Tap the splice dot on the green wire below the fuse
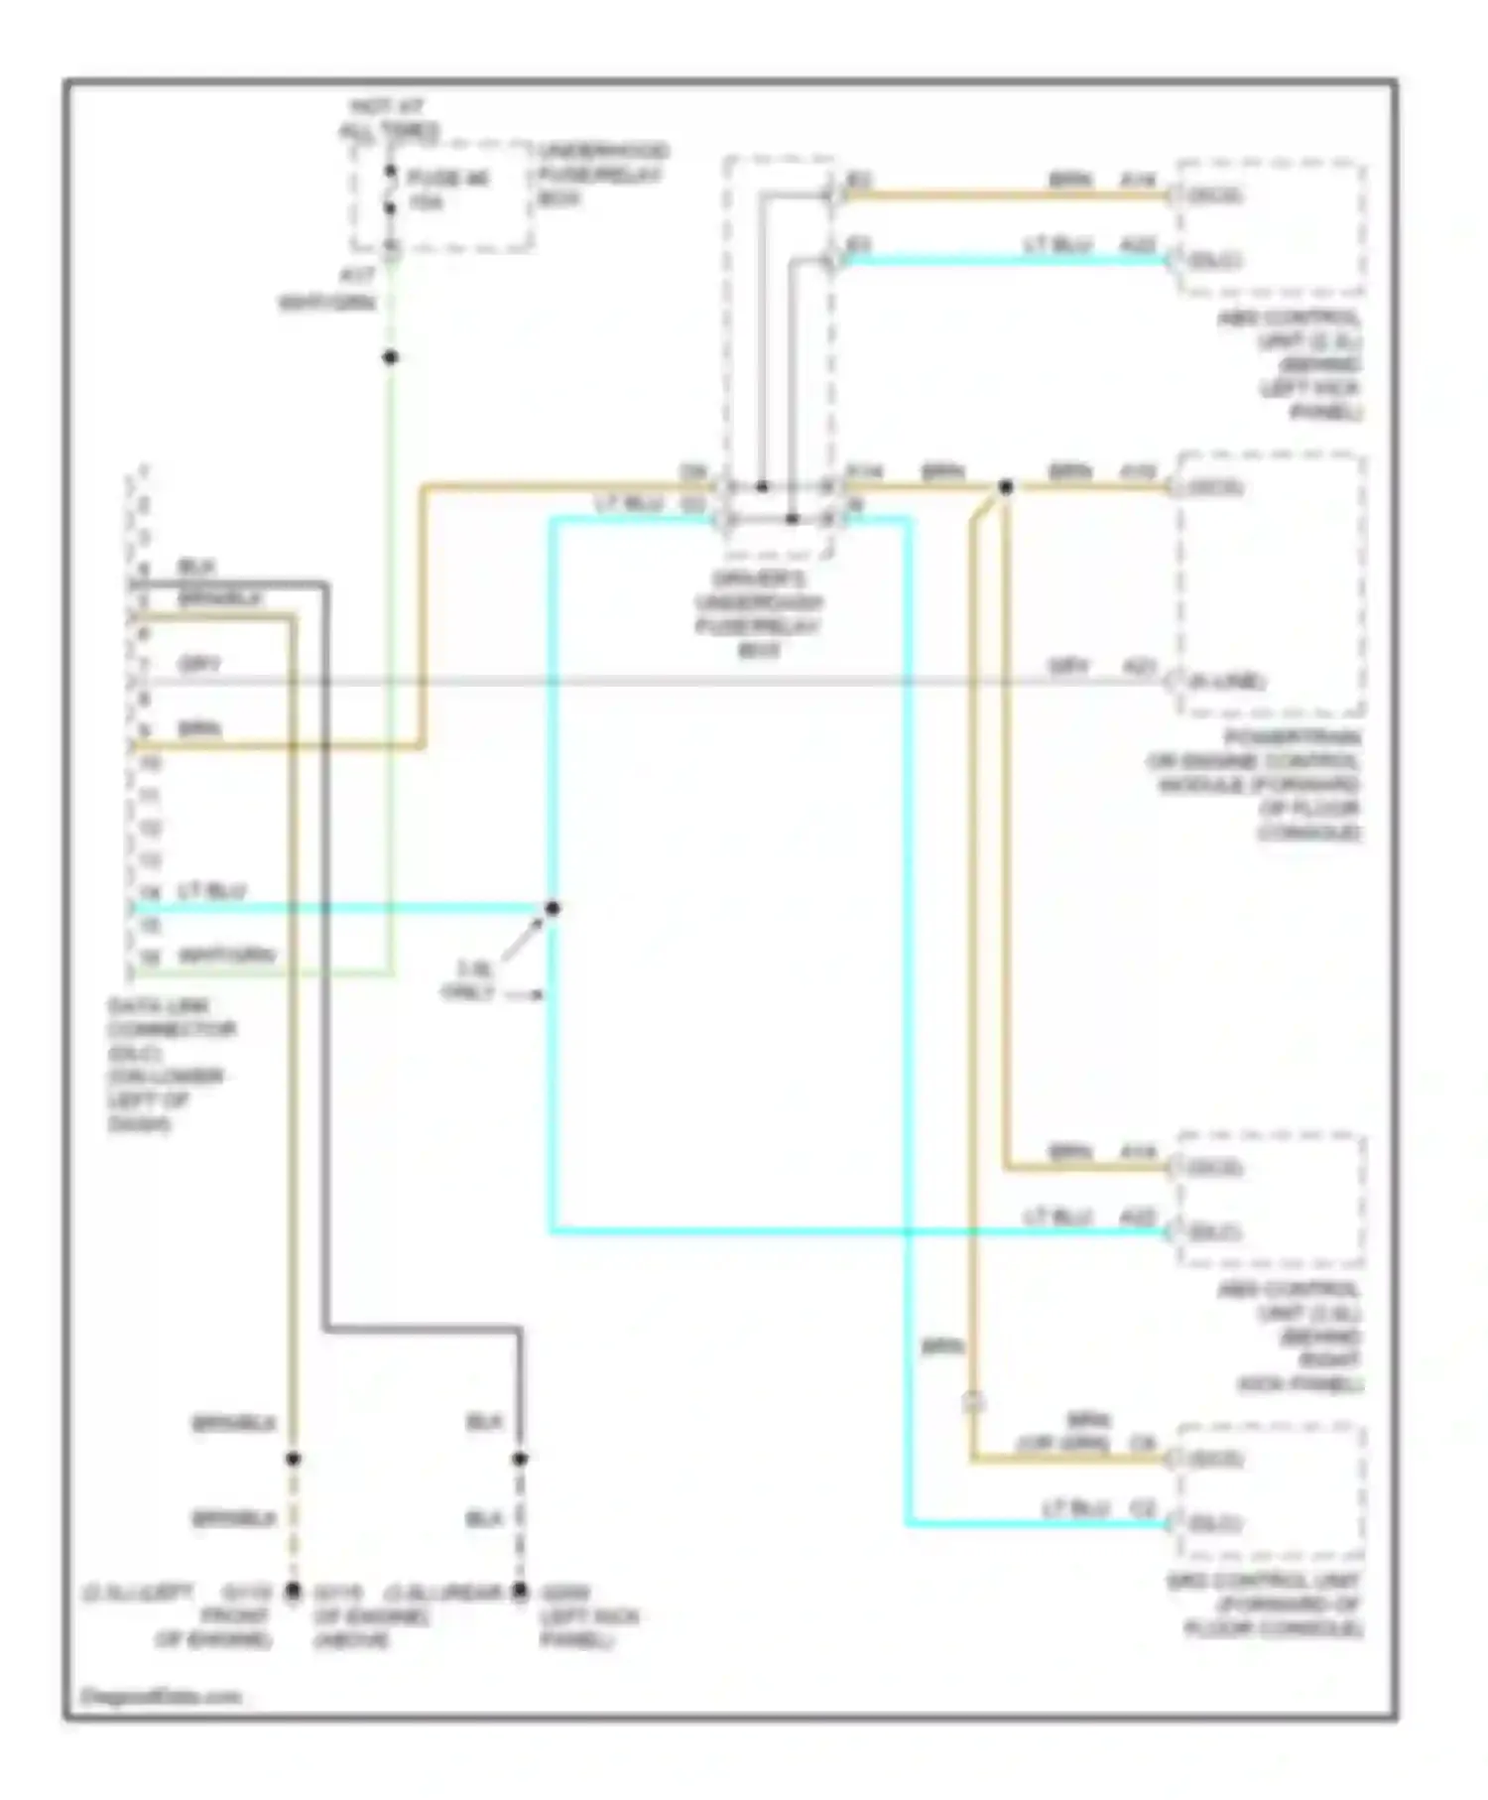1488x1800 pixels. pos(391,357)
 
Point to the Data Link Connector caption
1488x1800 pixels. pos(170,1065)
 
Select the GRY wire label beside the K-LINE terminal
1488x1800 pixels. pos(1068,668)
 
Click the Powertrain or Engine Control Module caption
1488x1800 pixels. pos(1255,785)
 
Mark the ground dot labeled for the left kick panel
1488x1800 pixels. pos(520,1591)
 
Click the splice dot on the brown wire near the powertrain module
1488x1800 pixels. pos(1005,487)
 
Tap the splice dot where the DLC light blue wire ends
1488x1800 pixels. pos(553,908)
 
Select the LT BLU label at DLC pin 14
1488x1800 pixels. pos(211,892)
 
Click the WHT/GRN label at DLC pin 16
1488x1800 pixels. pos(226,957)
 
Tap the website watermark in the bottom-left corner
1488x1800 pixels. pos(160,1697)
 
